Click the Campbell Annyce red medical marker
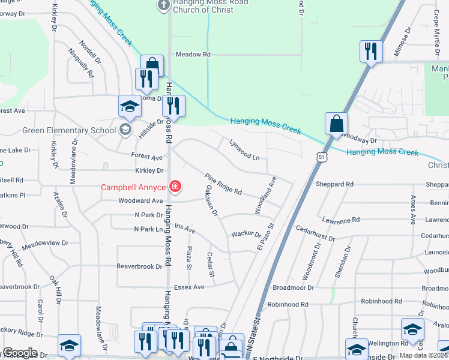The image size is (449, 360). point(175,187)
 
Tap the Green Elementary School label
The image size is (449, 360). point(69,130)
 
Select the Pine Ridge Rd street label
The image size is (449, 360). point(223,184)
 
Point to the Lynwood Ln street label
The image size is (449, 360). point(245,149)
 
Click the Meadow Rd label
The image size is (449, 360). point(193,55)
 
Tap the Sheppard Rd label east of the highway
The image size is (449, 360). point(334,184)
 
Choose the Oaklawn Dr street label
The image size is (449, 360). point(210,202)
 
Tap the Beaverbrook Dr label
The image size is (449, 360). point(140,265)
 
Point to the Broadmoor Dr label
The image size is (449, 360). point(294,287)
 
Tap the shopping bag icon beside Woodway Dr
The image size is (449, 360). point(337,124)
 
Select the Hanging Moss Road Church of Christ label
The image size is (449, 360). point(194,5)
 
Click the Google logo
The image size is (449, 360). point(19,353)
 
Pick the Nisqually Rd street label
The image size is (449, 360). point(84,68)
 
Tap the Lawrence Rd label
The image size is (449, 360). point(340,221)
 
